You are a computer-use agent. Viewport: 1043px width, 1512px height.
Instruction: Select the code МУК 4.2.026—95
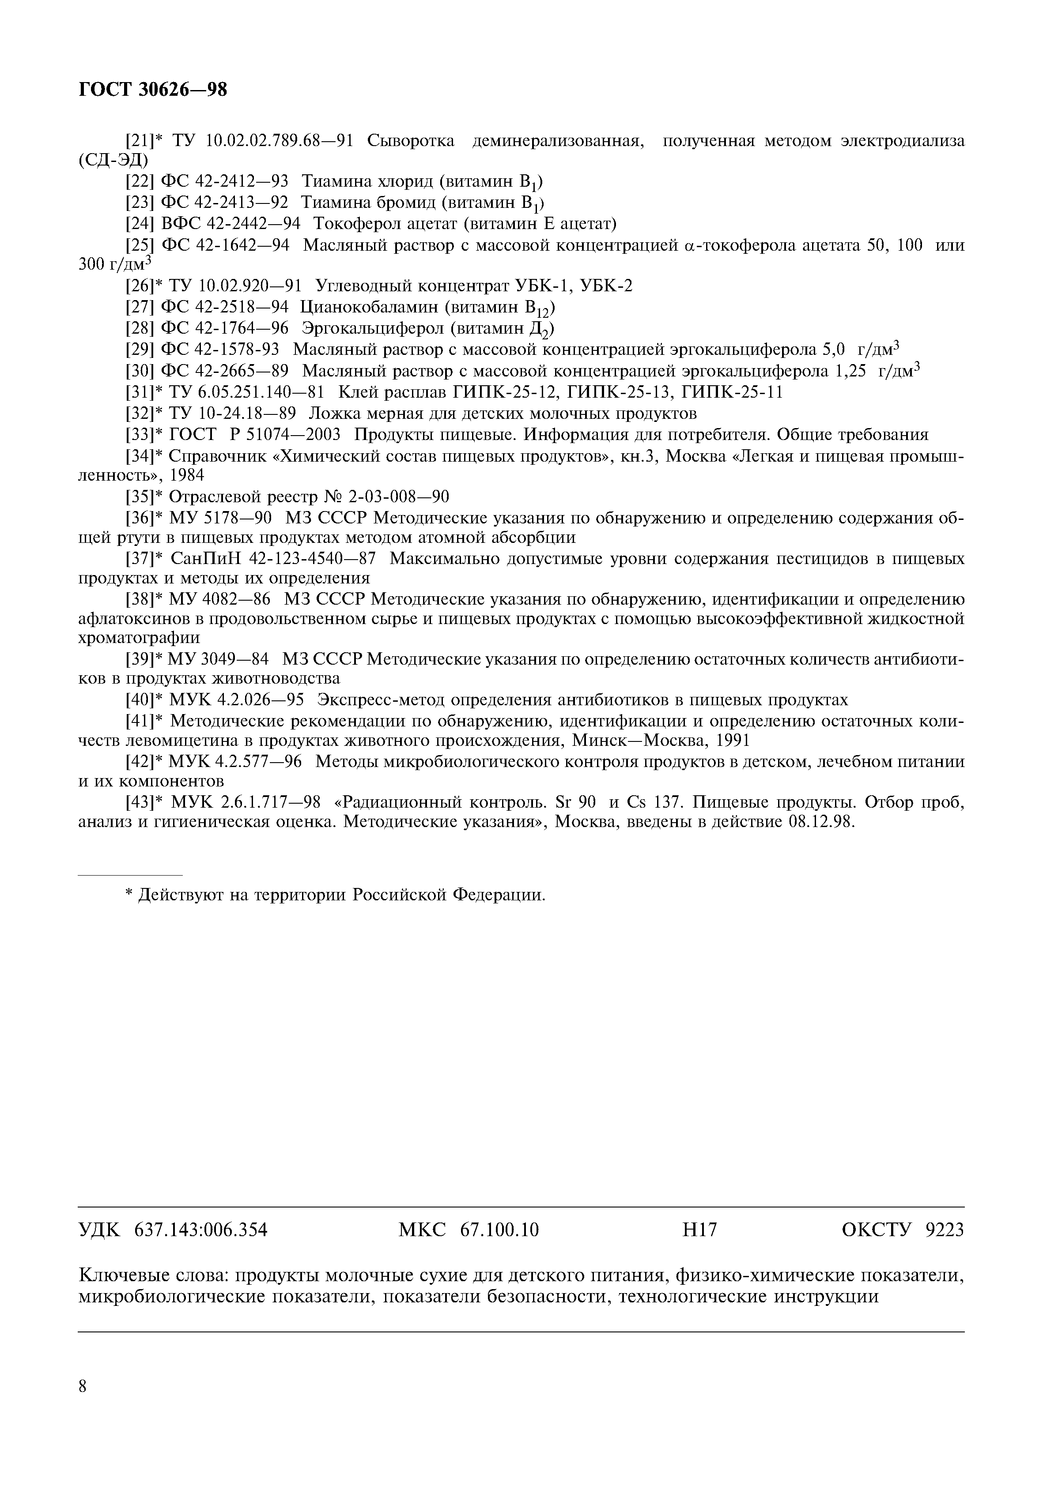click(237, 700)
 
